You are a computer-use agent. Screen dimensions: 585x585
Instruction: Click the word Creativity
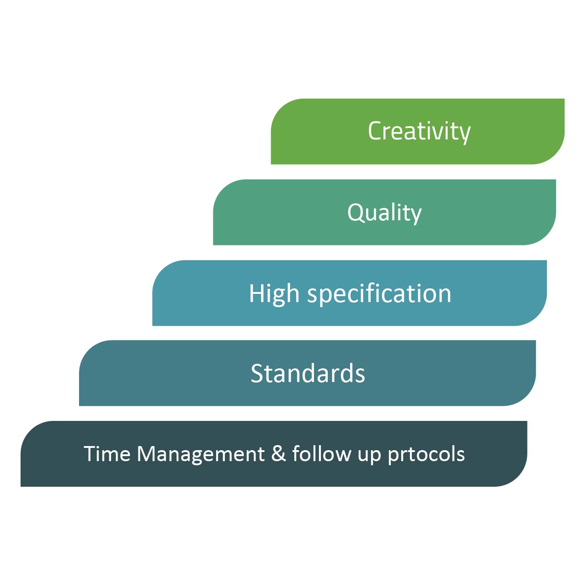tap(419, 132)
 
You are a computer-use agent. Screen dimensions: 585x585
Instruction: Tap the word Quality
tap(384, 213)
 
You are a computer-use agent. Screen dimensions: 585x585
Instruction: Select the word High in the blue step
tap(274, 293)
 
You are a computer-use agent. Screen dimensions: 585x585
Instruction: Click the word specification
tap(379, 293)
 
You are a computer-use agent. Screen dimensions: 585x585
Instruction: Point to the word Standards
tap(308, 373)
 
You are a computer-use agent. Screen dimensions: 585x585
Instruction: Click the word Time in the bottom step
tap(107, 454)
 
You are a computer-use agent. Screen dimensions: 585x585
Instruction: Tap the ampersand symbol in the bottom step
tap(278, 454)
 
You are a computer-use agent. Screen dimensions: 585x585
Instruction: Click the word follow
tap(321, 453)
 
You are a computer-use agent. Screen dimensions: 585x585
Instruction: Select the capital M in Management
tap(147, 454)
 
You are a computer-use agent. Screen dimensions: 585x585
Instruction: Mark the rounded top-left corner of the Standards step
tap(89, 350)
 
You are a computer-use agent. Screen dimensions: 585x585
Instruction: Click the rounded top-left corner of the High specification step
tap(162, 270)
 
